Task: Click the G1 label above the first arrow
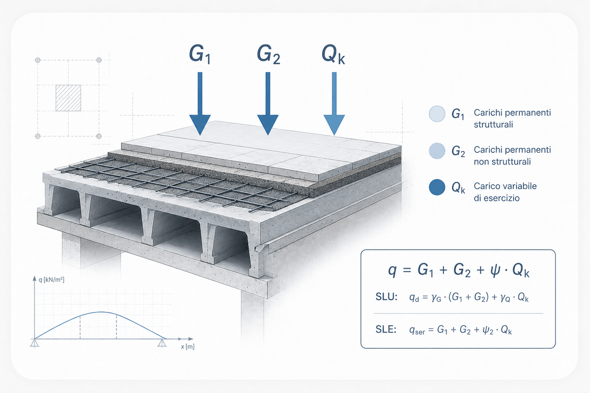tap(200, 55)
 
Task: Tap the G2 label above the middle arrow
tap(268, 55)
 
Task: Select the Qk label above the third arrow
tap(333, 55)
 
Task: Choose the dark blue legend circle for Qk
tap(437, 187)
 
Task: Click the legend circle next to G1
tap(437, 113)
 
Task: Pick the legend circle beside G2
tap(437, 151)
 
